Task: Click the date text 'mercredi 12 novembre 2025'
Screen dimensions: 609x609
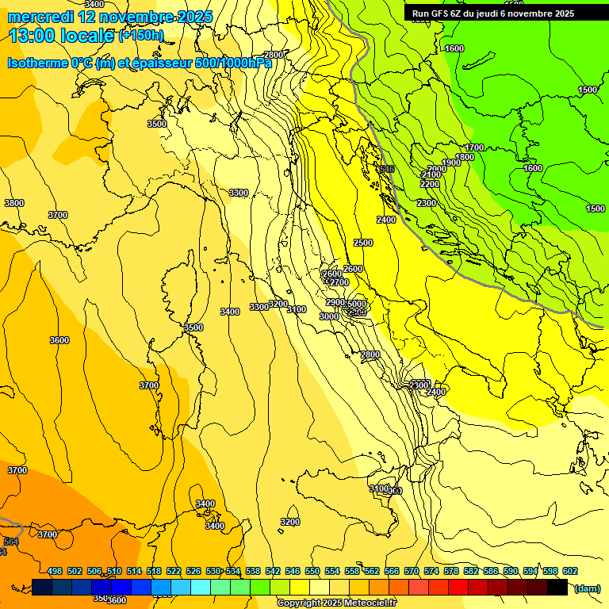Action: point(109,17)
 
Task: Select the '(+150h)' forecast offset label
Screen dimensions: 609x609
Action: point(140,35)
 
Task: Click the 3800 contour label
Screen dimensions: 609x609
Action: point(14,203)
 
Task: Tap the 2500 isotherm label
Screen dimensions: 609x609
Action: point(363,243)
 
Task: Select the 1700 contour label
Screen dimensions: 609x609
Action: point(474,148)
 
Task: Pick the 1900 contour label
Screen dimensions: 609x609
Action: point(451,163)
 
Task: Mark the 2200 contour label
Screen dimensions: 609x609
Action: point(430,185)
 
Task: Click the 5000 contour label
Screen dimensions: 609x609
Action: point(357,304)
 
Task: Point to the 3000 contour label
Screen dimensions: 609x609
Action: point(328,316)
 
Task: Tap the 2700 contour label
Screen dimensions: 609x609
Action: point(339,283)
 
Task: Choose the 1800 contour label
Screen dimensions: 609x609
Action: point(465,157)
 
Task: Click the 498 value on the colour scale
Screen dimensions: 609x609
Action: point(55,571)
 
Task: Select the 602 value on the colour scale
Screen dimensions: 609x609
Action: point(570,571)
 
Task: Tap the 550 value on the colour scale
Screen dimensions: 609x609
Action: point(312,571)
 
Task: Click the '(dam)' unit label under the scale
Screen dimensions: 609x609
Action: point(586,588)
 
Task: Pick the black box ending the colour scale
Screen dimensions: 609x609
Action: point(557,587)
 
